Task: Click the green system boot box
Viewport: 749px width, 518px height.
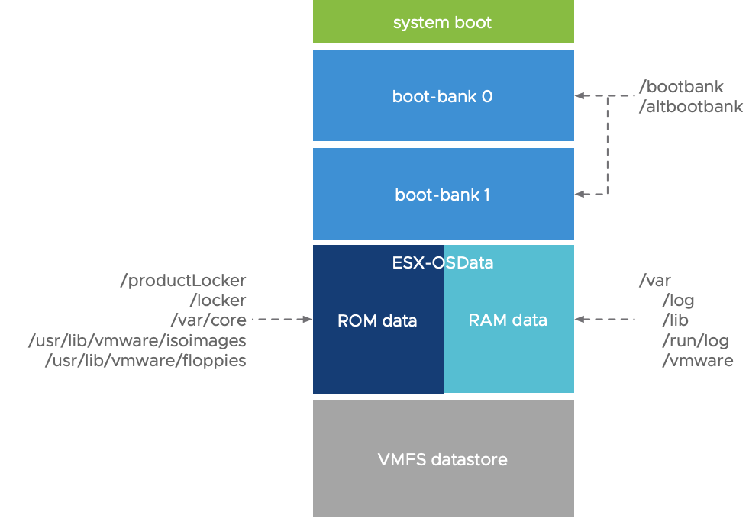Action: tap(443, 22)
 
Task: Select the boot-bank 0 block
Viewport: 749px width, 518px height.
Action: tap(443, 96)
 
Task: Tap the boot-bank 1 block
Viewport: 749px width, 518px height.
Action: tap(443, 195)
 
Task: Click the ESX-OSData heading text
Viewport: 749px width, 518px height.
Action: tap(443, 263)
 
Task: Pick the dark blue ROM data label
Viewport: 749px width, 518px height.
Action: tap(377, 320)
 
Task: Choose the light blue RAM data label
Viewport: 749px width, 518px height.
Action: tap(508, 320)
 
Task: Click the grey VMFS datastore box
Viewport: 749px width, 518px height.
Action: tap(443, 459)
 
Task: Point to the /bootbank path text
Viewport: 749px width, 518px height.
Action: tap(680, 87)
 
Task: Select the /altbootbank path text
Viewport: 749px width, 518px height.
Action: tap(690, 107)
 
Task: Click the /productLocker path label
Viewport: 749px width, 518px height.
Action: tap(183, 282)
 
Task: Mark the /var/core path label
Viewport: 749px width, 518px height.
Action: tap(208, 320)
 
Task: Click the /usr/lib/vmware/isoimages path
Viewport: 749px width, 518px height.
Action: tap(137, 340)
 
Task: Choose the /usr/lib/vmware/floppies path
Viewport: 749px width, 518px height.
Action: tap(146, 360)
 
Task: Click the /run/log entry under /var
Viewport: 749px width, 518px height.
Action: tap(696, 340)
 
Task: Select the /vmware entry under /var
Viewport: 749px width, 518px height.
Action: tap(698, 360)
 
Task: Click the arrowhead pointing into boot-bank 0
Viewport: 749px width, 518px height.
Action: tap(580, 96)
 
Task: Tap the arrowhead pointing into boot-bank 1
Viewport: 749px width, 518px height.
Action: tap(580, 195)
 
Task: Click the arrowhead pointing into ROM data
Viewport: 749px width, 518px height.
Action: tap(308, 320)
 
